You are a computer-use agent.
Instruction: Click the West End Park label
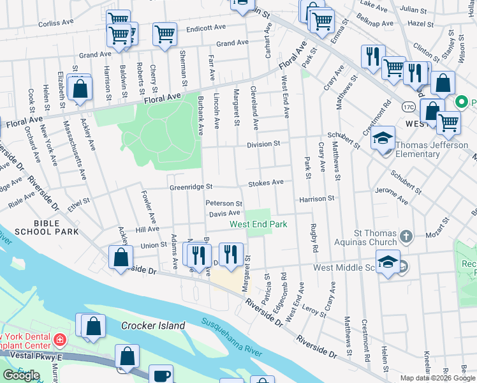tap(258, 224)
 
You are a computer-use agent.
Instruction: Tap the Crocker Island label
tap(153, 326)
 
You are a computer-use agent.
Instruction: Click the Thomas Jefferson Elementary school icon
tap(383, 139)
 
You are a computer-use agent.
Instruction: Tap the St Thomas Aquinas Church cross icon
tap(406, 238)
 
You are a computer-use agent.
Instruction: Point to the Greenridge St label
tap(191, 188)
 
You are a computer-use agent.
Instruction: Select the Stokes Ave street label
tap(265, 183)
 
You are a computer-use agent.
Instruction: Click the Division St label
tap(264, 144)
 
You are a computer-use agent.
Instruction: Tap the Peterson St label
tap(223, 203)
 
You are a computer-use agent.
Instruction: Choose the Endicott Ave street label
tap(207, 29)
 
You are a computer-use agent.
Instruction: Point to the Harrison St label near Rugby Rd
tap(316, 199)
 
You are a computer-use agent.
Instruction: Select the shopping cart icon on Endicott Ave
tap(165, 34)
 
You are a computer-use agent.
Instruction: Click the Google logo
tap(21, 375)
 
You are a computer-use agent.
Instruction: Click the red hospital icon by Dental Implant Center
tap(59, 338)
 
